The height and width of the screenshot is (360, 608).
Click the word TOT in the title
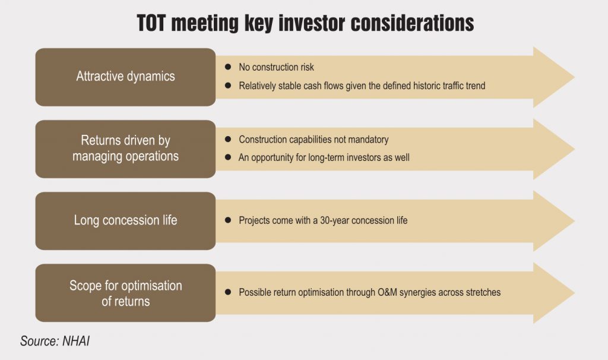(151, 23)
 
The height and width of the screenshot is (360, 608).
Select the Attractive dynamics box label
(125, 77)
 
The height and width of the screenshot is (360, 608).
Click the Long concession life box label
(125, 220)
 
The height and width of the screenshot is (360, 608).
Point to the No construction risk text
(276, 67)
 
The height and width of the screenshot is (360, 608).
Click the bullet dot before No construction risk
(228, 67)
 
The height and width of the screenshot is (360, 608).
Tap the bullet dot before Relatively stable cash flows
(228, 86)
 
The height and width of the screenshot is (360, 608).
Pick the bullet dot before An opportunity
(228, 157)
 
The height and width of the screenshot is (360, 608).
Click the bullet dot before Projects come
(228, 220)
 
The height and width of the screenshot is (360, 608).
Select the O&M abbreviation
(387, 292)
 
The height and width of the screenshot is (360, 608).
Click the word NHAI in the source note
(76, 341)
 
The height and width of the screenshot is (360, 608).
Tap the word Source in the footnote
(40, 341)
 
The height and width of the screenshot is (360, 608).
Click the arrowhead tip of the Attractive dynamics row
(574, 77)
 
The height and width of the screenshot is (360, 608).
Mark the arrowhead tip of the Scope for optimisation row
(574, 293)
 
